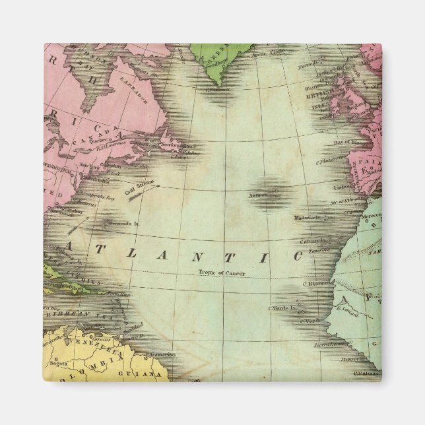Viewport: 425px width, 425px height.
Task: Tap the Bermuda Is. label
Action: [123, 224]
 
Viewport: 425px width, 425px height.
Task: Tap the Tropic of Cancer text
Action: [220, 273]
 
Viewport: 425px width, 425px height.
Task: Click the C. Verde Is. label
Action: [280, 308]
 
